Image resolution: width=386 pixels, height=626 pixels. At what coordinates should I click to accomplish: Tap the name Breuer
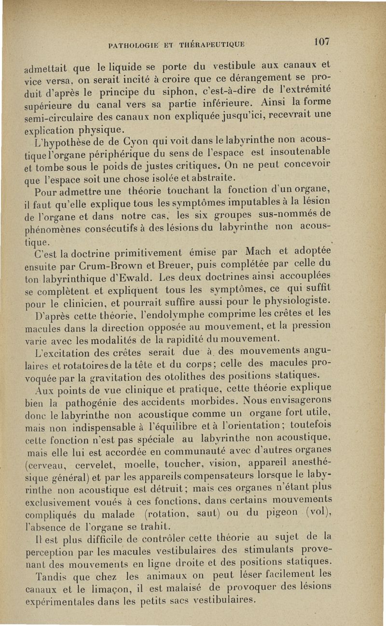pos(179,264)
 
